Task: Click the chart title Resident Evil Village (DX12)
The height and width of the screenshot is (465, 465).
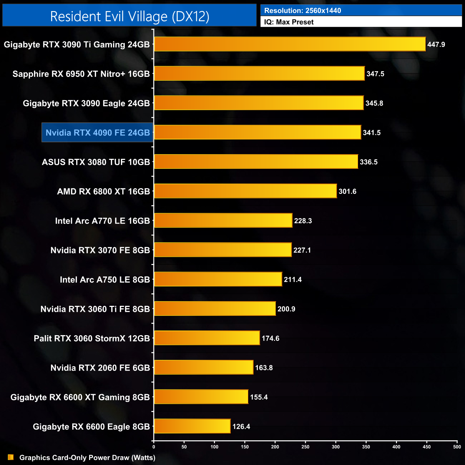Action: (x=129, y=16)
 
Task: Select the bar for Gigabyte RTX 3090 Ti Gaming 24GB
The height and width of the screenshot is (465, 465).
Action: (x=290, y=44)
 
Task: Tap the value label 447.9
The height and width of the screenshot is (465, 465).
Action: (x=436, y=45)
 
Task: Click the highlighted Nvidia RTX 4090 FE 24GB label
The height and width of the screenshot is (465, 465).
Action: (x=98, y=133)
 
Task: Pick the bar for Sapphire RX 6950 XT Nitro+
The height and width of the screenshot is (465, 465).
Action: (x=259, y=74)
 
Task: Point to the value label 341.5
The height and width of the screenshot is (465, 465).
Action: (x=372, y=133)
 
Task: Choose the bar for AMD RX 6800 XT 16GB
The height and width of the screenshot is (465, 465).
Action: (x=245, y=191)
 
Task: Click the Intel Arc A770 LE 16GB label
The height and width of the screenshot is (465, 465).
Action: (x=102, y=221)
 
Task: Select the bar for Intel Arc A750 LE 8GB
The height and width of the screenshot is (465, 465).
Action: (x=218, y=279)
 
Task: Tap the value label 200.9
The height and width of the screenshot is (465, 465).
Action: (x=286, y=309)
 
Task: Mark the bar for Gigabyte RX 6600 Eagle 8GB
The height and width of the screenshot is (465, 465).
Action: (x=192, y=426)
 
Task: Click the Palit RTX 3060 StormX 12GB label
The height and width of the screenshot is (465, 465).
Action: (x=92, y=338)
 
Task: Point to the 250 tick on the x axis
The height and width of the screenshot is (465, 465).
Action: (x=305, y=447)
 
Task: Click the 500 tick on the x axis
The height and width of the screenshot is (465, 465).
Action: (x=457, y=447)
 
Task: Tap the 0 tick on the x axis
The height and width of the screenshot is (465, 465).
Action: (x=154, y=447)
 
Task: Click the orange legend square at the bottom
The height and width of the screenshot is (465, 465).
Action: (x=11, y=457)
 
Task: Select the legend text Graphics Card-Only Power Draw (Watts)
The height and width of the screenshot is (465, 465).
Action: (x=87, y=458)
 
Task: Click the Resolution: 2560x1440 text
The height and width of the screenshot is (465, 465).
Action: (x=302, y=11)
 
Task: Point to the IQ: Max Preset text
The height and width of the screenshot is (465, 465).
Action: (x=289, y=22)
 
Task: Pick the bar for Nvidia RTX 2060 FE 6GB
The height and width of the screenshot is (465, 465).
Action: (x=204, y=368)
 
